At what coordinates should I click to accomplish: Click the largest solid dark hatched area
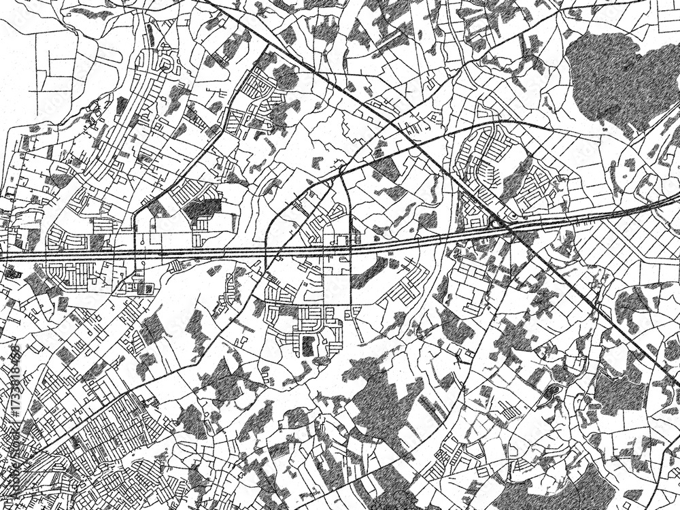coord(615,75)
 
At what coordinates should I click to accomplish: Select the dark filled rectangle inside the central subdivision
coord(308,345)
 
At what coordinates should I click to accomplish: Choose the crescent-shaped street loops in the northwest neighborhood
coord(167,65)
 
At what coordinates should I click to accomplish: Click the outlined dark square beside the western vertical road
coord(144,288)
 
